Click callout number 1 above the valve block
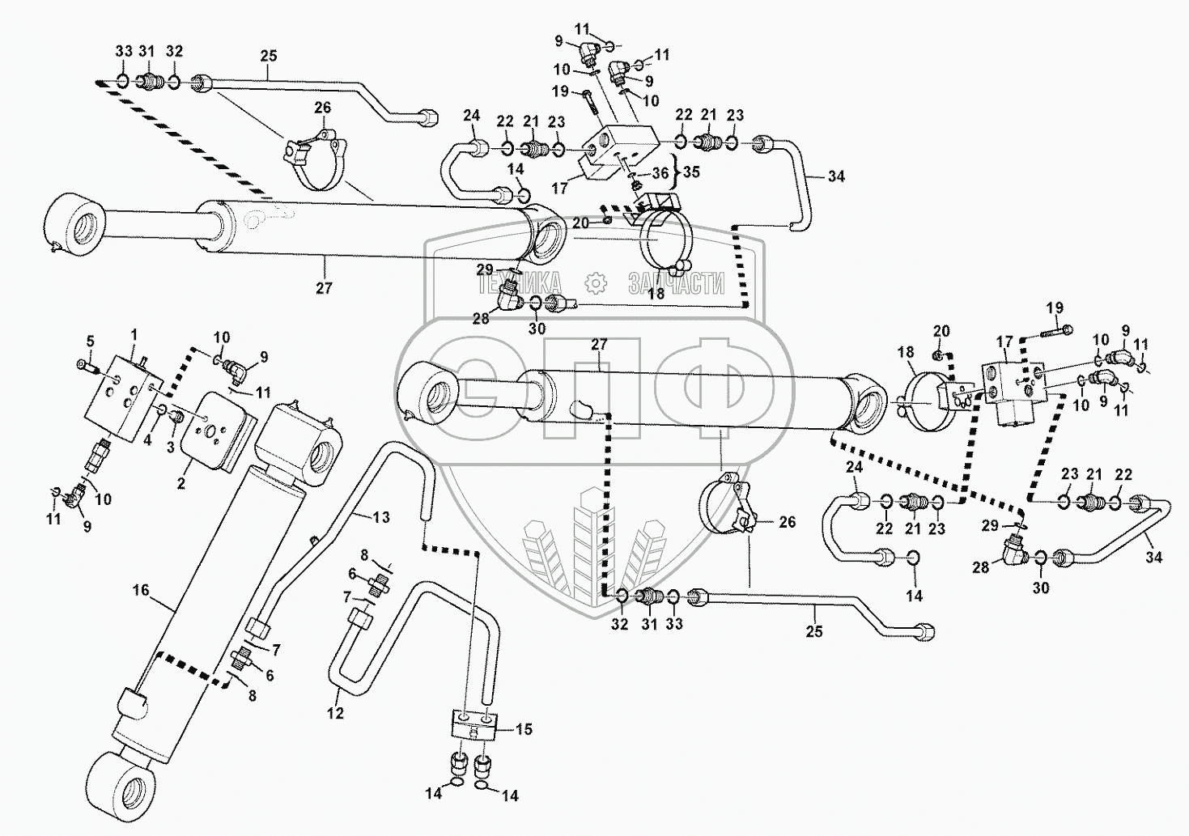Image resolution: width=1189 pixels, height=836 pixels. point(134,333)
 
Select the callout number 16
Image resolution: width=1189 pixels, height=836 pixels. point(141,590)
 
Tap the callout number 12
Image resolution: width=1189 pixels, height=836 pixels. point(335,713)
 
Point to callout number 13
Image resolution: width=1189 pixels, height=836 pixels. point(380,516)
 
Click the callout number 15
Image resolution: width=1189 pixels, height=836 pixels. point(524,729)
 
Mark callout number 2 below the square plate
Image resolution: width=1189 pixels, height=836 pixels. point(181,483)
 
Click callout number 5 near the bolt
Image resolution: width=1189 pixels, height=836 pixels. point(91,341)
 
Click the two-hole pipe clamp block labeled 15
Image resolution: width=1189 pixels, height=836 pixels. point(470,722)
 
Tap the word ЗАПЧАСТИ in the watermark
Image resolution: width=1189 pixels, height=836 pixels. point(675,283)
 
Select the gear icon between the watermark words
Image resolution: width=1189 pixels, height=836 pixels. point(596,282)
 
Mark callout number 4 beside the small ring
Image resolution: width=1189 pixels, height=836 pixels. point(147,440)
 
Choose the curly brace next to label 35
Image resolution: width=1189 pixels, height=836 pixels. point(674,172)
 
